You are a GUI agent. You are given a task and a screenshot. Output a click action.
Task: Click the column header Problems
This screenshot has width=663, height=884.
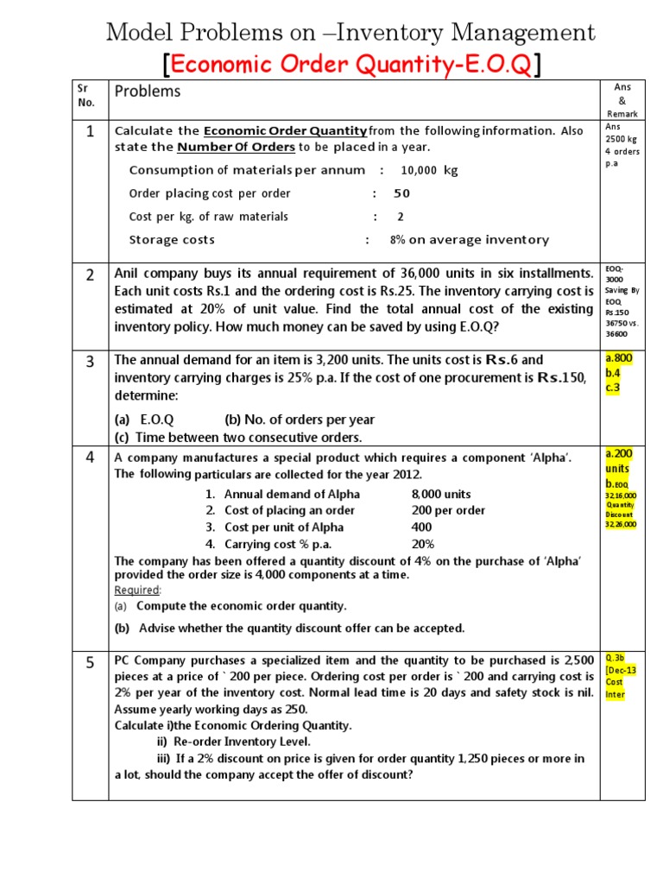click(148, 92)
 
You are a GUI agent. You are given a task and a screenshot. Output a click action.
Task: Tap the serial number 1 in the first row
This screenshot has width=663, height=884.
click(90, 132)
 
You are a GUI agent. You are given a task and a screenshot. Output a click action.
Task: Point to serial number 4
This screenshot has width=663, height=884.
click(90, 458)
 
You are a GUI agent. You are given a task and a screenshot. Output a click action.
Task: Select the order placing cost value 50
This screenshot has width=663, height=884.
click(401, 193)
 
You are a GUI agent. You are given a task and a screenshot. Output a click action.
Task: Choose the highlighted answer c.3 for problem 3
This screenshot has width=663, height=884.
click(614, 387)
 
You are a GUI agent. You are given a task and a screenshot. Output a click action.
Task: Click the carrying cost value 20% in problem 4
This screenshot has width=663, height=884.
click(423, 544)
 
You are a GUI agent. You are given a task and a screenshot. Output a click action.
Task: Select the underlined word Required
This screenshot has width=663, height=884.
click(137, 590)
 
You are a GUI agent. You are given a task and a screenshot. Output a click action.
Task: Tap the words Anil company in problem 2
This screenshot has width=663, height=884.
click(156, 274)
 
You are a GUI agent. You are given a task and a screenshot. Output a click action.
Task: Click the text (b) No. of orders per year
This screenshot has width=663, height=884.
click(300, 420)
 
